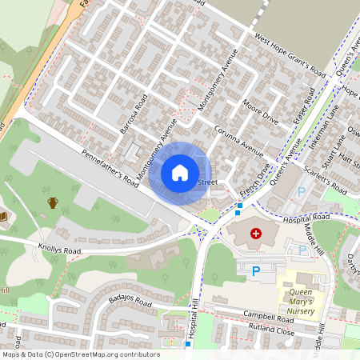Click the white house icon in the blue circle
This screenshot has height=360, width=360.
[x=180, y=172]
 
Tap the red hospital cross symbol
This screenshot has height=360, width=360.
[x=256, y=233]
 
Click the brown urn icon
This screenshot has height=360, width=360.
[x=53, y=202]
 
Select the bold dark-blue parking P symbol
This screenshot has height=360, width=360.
[x=256, y=271]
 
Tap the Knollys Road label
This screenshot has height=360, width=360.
[x=60, y=248]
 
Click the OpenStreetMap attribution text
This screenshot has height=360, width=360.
[x=80, y=354]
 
